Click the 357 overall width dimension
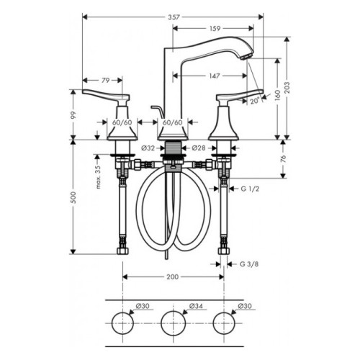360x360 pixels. coord(174,17)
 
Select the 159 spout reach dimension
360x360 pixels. coord(215,29)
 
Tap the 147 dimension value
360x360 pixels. coord(215,76)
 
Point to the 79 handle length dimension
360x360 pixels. coord(105,81)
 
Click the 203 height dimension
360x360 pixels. coord(287,88)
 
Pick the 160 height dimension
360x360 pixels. coord(278,96)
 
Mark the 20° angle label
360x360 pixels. coord(255,101)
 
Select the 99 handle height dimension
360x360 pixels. coord(73,115)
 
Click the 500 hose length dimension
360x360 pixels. coord(73,197)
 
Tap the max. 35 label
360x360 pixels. coord(99,177)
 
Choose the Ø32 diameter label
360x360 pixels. coord(148,148)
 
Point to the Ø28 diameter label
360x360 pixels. coord(199,148)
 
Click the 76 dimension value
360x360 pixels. coord(284,159)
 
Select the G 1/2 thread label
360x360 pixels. coord(250,189)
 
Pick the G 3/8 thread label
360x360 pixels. coord(249,264)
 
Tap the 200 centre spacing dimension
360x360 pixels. coord(173,277)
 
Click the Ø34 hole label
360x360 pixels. coord(196,306)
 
